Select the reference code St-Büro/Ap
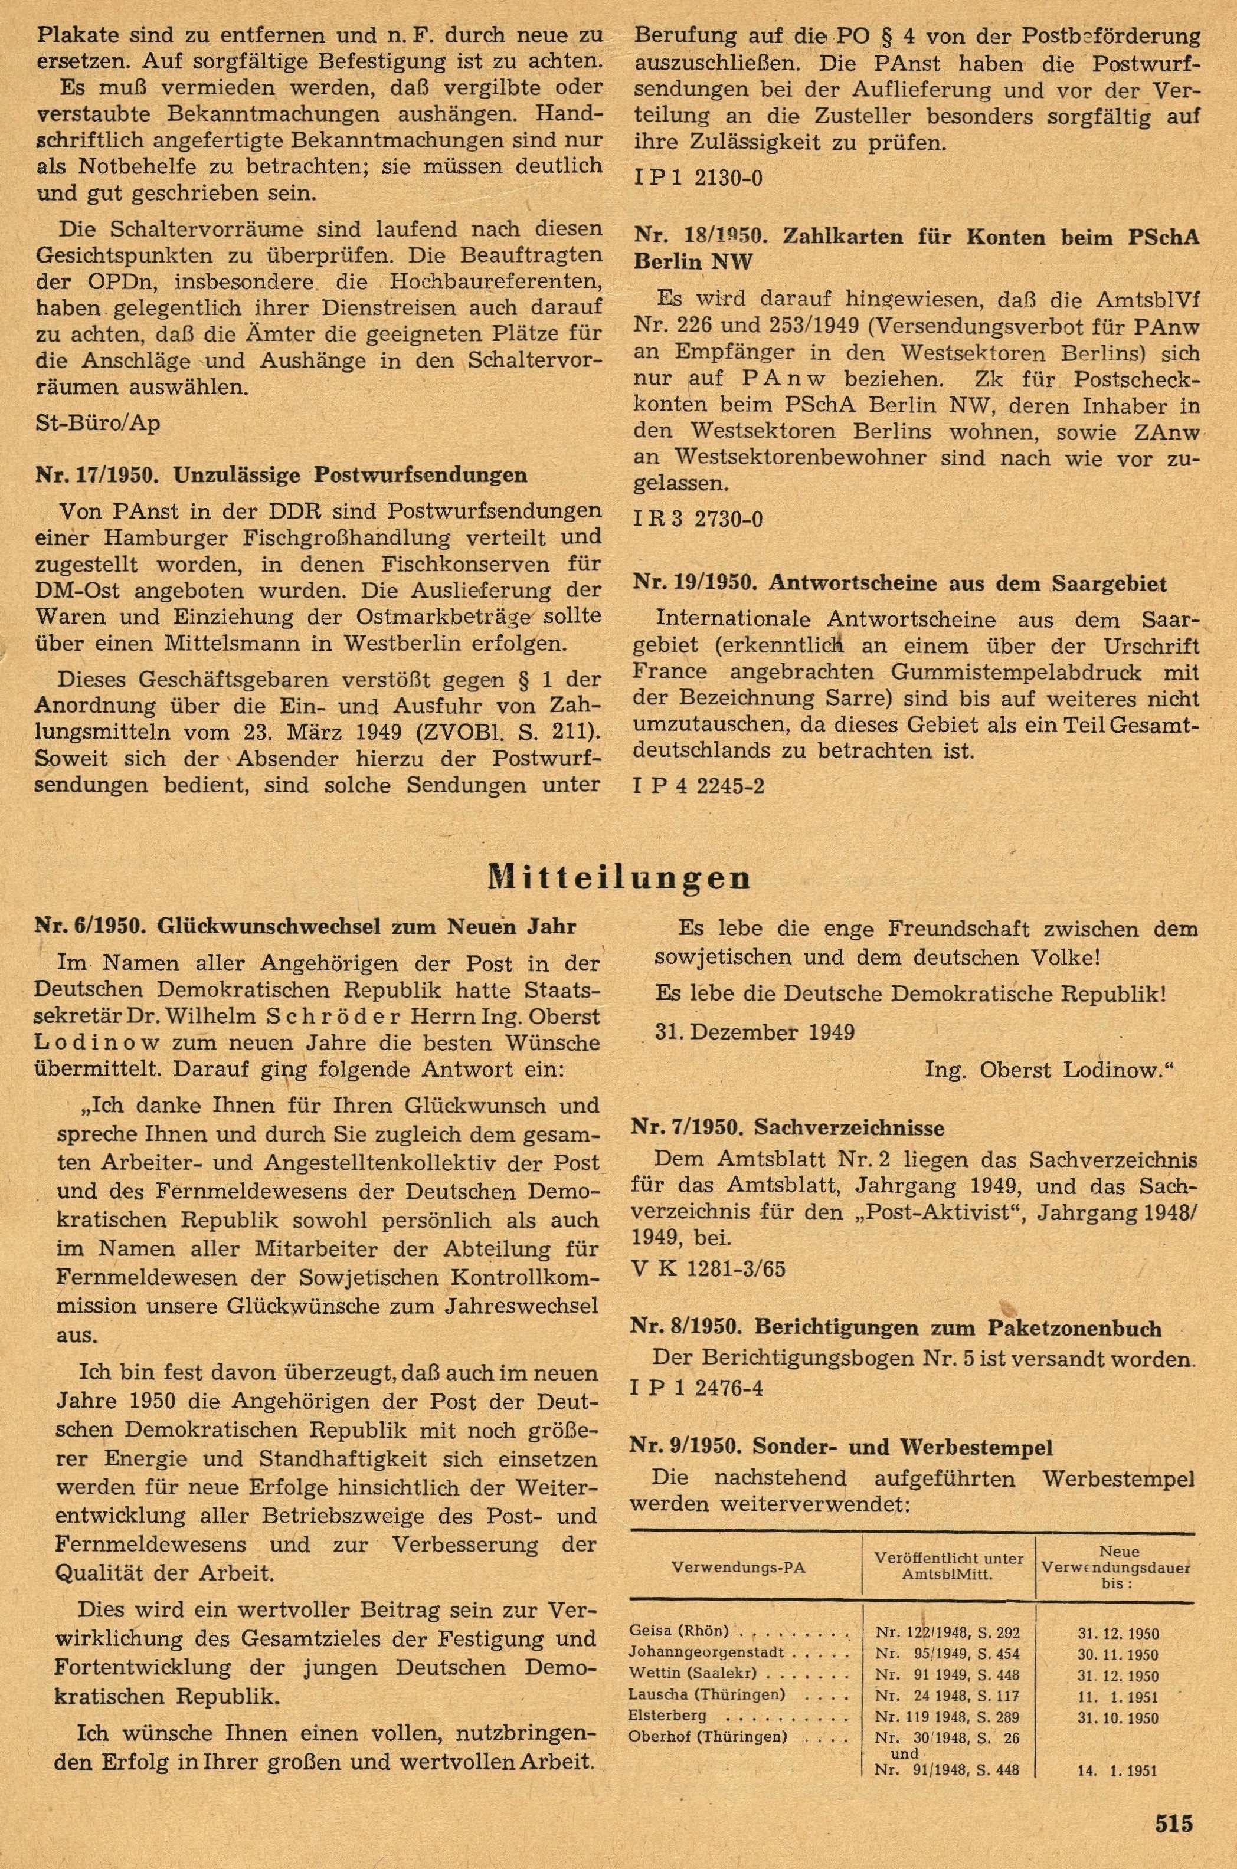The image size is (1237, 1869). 98,424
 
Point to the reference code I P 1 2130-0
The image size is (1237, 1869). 698,178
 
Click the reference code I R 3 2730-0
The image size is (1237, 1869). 698,519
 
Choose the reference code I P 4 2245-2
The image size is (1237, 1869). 698,786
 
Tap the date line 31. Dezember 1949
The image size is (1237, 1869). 755,1032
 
